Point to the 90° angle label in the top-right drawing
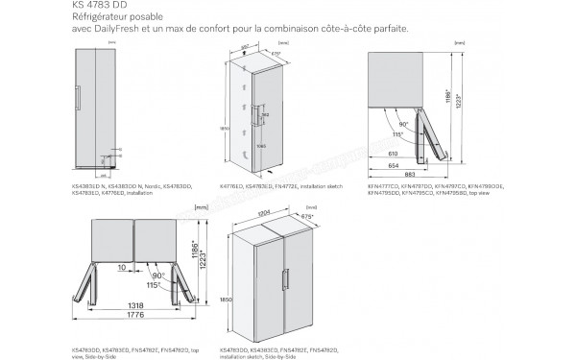click(x=405, y=123)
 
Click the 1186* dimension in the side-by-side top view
click(x=195, y=252)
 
